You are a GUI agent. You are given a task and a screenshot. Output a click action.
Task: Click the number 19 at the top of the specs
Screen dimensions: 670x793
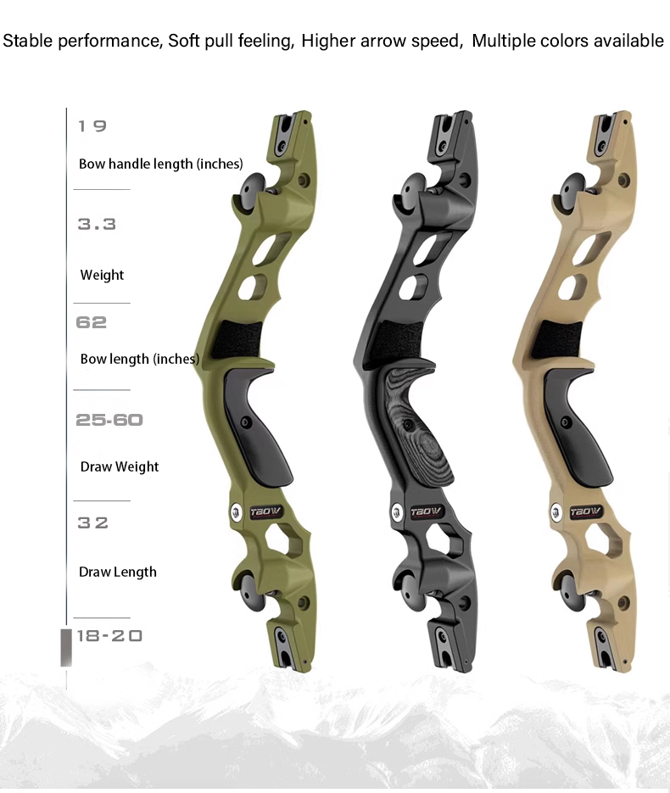pyautogui.click(x=92, y=126)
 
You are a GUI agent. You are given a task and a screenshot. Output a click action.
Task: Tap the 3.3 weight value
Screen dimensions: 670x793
pyautogui.click(x=97, y=224)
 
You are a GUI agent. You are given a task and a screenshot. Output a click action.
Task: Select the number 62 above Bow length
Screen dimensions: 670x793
pyautogui.click(x=91, y=322)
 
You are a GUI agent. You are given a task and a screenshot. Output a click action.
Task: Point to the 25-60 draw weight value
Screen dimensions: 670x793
pyautogui.click(x=109, y=420)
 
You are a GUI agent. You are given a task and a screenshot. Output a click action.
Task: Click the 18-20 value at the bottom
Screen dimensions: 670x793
pyautogui.click(x=109, y=636)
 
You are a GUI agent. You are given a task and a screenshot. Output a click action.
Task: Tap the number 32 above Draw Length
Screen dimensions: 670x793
pyautogui.click(x=92, y=522)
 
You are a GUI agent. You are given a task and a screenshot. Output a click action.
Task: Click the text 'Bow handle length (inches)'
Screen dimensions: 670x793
pyautogui.click(x=161, y=164)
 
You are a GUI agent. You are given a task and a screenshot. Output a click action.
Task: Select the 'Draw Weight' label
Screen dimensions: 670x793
pyautogui.click(x=120, y=466)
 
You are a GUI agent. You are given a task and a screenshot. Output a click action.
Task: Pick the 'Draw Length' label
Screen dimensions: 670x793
pyautogui.click(x=118, y=572)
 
